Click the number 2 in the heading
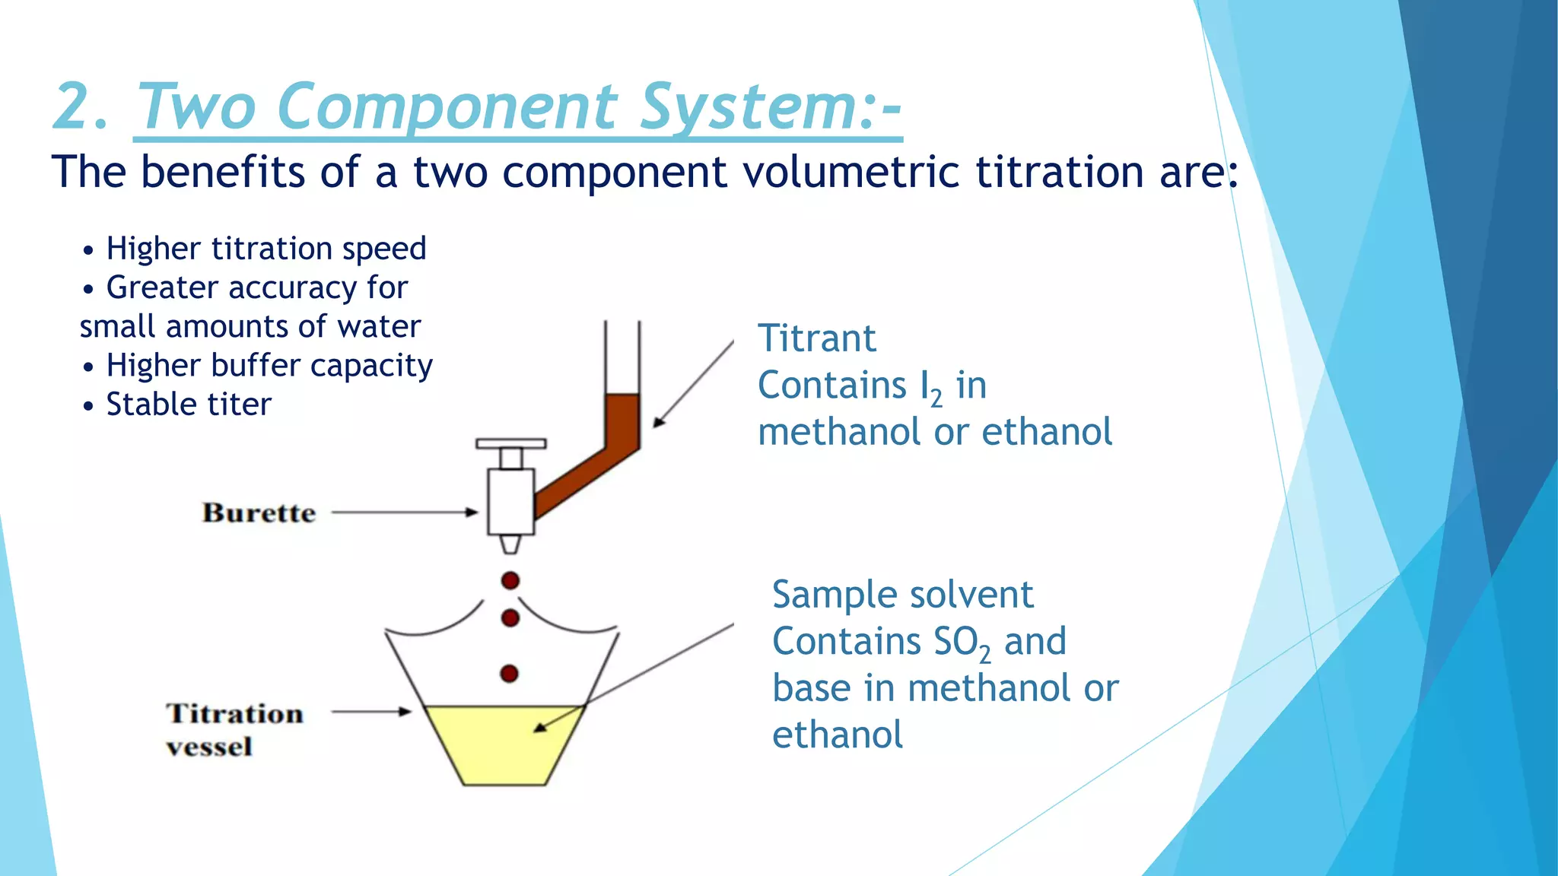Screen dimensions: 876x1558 [x=76, y=106]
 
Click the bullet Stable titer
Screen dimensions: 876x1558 [x=188, y=405]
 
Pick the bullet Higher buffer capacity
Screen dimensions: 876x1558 [x=269, y=366]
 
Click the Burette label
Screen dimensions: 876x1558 [x=259, y=513]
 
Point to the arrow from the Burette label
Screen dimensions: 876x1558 [x=403, y=513]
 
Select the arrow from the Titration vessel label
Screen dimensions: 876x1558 [x=371, y=713]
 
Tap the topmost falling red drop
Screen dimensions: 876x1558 [x=510, y=581]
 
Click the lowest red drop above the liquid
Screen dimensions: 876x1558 [x=510, y=674]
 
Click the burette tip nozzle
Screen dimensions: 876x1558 [x=510, y=544]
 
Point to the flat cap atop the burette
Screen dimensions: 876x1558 [x=510, y=443]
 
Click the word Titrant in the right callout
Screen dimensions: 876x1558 [x=817, y=338]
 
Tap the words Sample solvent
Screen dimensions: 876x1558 [x=902, y=595]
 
